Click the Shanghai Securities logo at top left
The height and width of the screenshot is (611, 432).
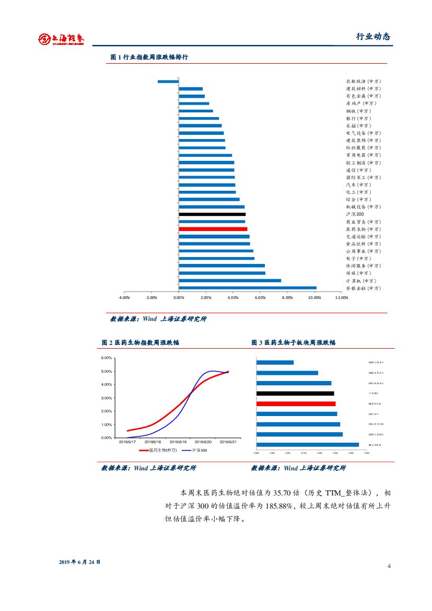[x=61, y=39]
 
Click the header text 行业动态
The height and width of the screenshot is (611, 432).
[x=373, y=37]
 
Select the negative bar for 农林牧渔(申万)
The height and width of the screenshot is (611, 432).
[x=168, y=82]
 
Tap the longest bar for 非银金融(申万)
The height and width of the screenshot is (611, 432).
[x=247, y=288]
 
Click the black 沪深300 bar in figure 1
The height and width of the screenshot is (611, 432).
[x=212, y=214]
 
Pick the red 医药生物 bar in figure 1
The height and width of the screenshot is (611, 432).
[x=213, y=229]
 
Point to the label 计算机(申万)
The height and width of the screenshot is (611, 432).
[x=360, y=281]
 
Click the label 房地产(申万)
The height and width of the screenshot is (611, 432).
[x=360, y=103]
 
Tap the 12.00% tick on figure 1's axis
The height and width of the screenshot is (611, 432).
[x=341, y=297]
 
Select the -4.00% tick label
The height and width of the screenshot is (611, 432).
[x=124, y=297]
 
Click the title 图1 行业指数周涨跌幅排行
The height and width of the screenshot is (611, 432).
[x=149, y=57]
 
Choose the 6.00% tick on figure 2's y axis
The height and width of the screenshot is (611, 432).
[x=107, y=358]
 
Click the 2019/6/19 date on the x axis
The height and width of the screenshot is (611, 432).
[x=179, y=442]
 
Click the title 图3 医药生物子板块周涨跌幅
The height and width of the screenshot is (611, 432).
[x=293, y=342]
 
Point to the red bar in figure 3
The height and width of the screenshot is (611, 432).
[x=296, y=404]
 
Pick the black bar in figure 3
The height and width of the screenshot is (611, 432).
[x=295, y=394]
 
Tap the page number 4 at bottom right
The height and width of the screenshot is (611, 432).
[x=389, y=567]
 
